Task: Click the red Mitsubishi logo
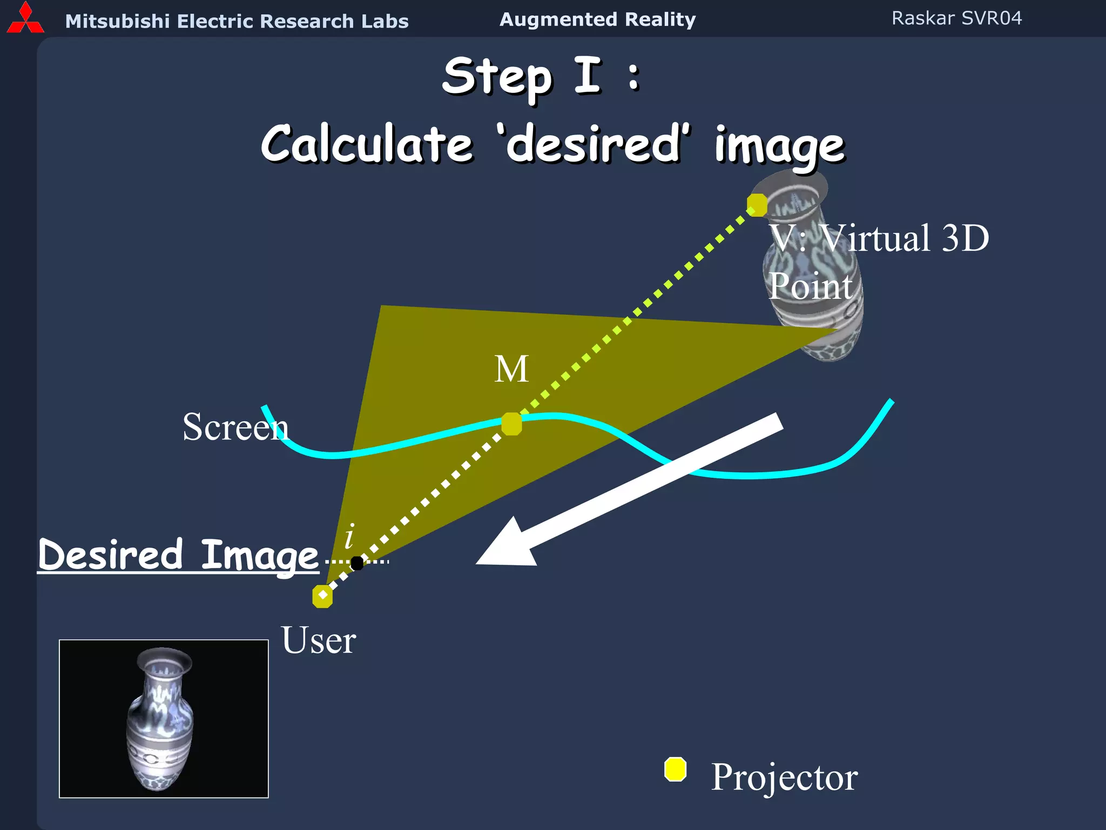[25, 19]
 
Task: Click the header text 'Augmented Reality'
[597, 19]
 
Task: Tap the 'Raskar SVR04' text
[956, 18]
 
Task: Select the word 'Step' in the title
[497, 77]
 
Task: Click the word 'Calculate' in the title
[367, 144]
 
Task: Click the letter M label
[511, 370]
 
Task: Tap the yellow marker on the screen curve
[511, 424]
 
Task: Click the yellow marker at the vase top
[757, 205]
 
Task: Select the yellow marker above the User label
[322, 596]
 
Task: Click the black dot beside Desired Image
[357, 563]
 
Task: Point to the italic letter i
[350, 536]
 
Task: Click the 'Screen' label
[235, 427]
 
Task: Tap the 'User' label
[318, 640]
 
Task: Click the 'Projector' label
[784, 777]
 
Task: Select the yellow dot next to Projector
[675, 769]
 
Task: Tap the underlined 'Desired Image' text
[178, 555]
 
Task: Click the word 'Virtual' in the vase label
[875, 238]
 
